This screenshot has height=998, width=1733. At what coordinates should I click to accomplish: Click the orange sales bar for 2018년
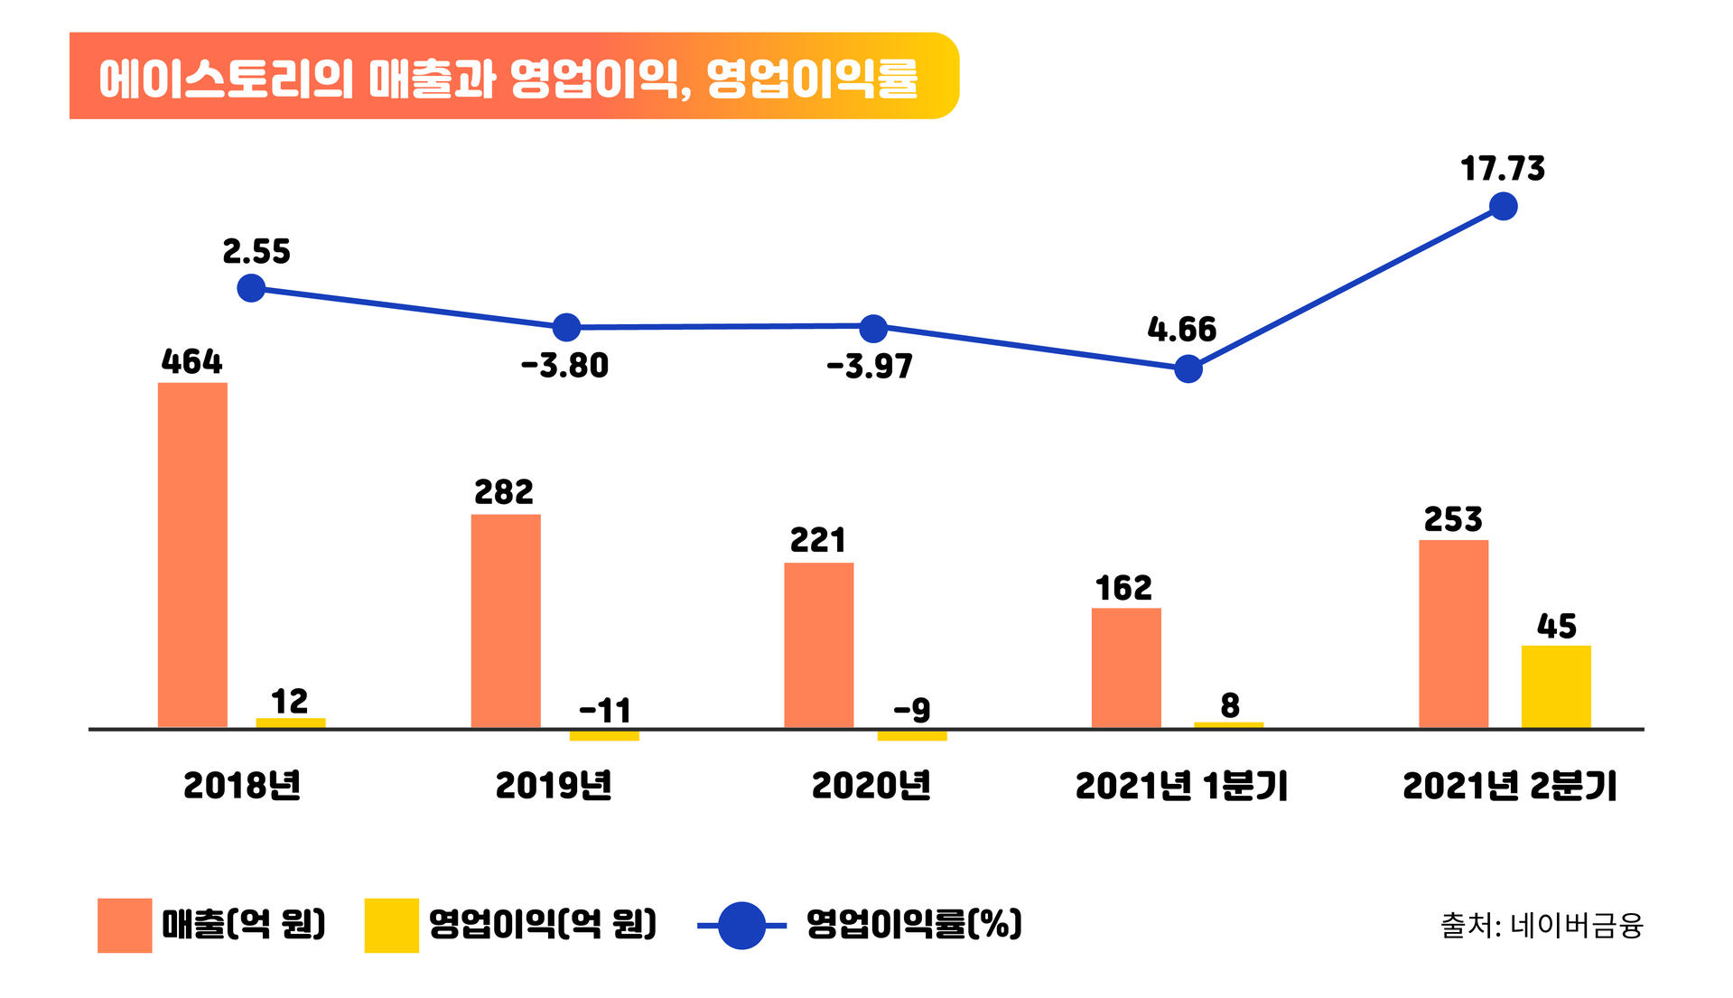click(x=192, y=555)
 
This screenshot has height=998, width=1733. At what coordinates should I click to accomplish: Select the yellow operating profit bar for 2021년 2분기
click(x=1555, y=686)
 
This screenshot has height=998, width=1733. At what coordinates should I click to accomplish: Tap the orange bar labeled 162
click(x=1126, y=667)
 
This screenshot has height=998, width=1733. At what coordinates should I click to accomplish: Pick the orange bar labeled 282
click(x=506, y=620)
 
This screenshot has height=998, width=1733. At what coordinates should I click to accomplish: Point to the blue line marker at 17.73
click(x=1503, y=207)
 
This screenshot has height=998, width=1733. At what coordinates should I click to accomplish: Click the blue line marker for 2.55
click(x=251, y=289)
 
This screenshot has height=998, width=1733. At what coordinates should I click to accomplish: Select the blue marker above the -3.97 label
click(x=873, y=329)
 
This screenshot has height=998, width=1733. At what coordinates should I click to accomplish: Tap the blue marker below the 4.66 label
click(x=1188, y=368)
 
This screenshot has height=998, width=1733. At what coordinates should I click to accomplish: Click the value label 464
click(x=191, y=362)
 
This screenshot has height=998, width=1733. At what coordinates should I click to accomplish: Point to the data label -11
click(x=604, y=711)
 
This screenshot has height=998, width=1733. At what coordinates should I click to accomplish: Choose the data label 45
click(x=1556, y=626)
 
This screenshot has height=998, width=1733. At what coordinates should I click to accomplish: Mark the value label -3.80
click(x=565, y=366)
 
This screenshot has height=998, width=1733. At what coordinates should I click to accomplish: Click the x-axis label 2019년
click(x=554, y=786)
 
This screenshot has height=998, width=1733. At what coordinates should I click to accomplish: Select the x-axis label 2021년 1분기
click(x=1181, y=786)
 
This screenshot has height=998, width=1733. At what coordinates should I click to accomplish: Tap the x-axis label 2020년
click(x=871, y=786)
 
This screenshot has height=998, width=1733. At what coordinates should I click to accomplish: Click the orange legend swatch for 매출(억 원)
click(x=125, y=925)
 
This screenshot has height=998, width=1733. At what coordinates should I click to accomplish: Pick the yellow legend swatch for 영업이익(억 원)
click(x=391, y=925)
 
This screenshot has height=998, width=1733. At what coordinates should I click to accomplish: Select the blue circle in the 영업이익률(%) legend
click(x=741, y=925)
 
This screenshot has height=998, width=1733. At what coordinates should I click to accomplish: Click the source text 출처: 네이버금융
click(x=1541, y=926)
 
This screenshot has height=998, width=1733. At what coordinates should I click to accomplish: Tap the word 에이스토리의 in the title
click(x=226, y=79)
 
